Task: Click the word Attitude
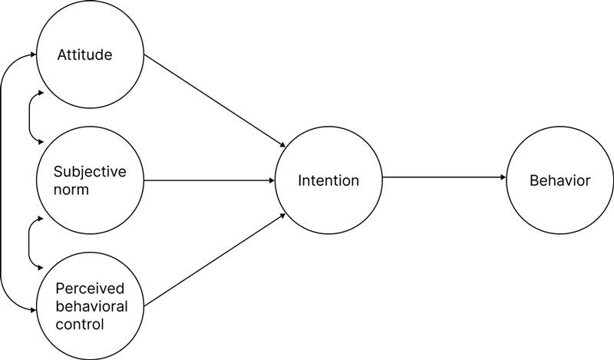point(84,55)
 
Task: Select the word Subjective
point(89,171)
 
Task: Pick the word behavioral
point(91,306)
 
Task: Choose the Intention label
point(328,181)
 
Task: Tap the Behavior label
point(560,181)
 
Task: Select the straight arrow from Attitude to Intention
point(215,101)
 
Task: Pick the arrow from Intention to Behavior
point(444,177)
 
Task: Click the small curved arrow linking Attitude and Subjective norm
point(29,117)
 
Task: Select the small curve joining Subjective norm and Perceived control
point(29,243)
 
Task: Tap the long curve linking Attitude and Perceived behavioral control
point(2,181)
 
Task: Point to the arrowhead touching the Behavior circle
point(503,177)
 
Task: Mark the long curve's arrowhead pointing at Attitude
point(34,54)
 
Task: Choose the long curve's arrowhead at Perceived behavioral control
point(34,309)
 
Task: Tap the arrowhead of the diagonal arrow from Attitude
point(284,146)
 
